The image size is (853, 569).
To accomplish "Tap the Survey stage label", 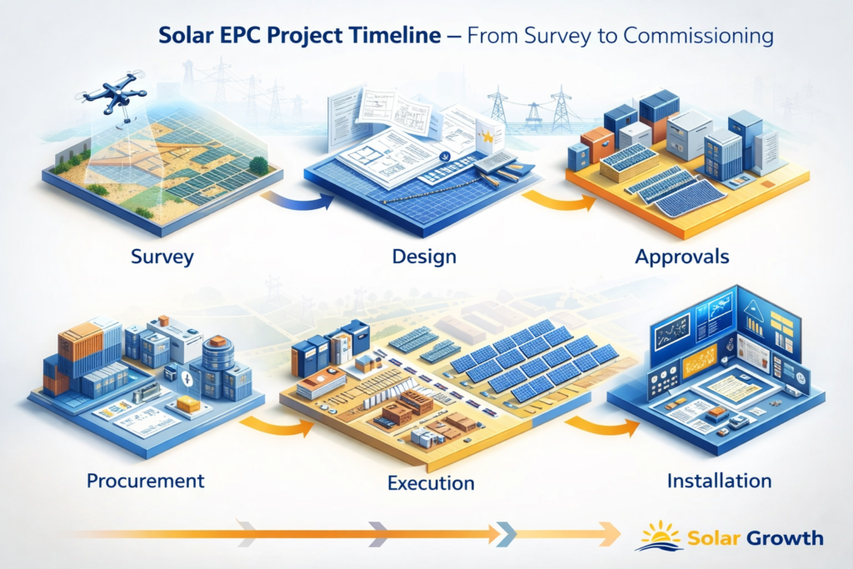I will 162,257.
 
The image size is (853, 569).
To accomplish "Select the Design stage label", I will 424,257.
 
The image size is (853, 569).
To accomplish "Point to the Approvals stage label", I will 682,257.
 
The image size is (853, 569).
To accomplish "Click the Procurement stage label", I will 145,481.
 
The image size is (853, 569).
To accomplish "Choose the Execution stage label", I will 431,483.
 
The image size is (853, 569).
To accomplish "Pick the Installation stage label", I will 719,481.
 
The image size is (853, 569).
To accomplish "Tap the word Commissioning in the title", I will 699,37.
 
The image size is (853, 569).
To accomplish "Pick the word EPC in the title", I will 234,37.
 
